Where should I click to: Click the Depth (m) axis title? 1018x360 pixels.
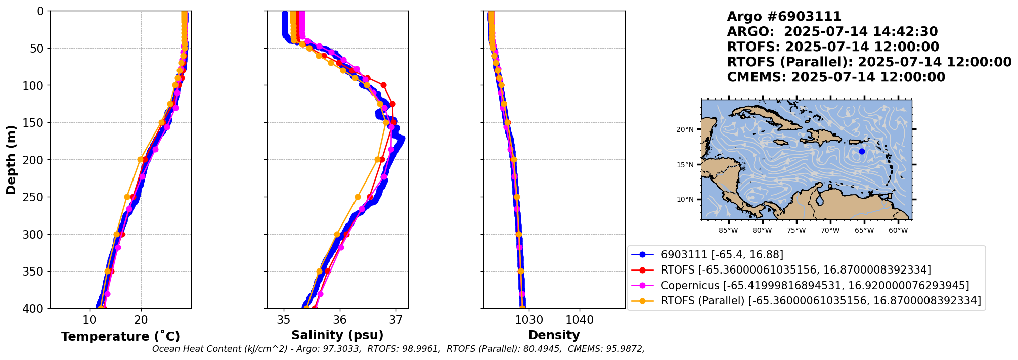pyautogui.click(x=11, y=160)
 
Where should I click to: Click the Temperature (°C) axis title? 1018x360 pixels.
pyautogui.click(x=120, y=337)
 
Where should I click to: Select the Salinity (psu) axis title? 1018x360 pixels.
pyautogui.click(x=337, y=335)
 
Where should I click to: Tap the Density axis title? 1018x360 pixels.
pyautogui.click(x=554, y=335)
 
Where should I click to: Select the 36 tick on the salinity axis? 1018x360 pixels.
pyautogui.click(x=340, y=320)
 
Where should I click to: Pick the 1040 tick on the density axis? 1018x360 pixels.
pyautogui.click(x=580, y=320)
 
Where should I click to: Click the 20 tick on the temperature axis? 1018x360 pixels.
pyautogui.click(x=141, y=320)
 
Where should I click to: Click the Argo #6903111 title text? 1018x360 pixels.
pyautogui.click(x=784, y=17)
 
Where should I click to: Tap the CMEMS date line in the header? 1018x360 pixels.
pyautogui.click(x=836, y=77)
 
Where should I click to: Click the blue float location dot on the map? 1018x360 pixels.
pyautogui.click(x=862, y=151)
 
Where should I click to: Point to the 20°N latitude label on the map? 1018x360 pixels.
pyautogui.click(x=685, y=129)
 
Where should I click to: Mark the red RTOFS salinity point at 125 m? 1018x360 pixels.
pyautogui.click(x=393, y=104)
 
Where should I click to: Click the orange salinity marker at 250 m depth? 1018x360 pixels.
pyautogui.click(x=358, y=197)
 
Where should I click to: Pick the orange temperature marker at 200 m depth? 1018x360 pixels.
pyautogui.click(x=140, y=159)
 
